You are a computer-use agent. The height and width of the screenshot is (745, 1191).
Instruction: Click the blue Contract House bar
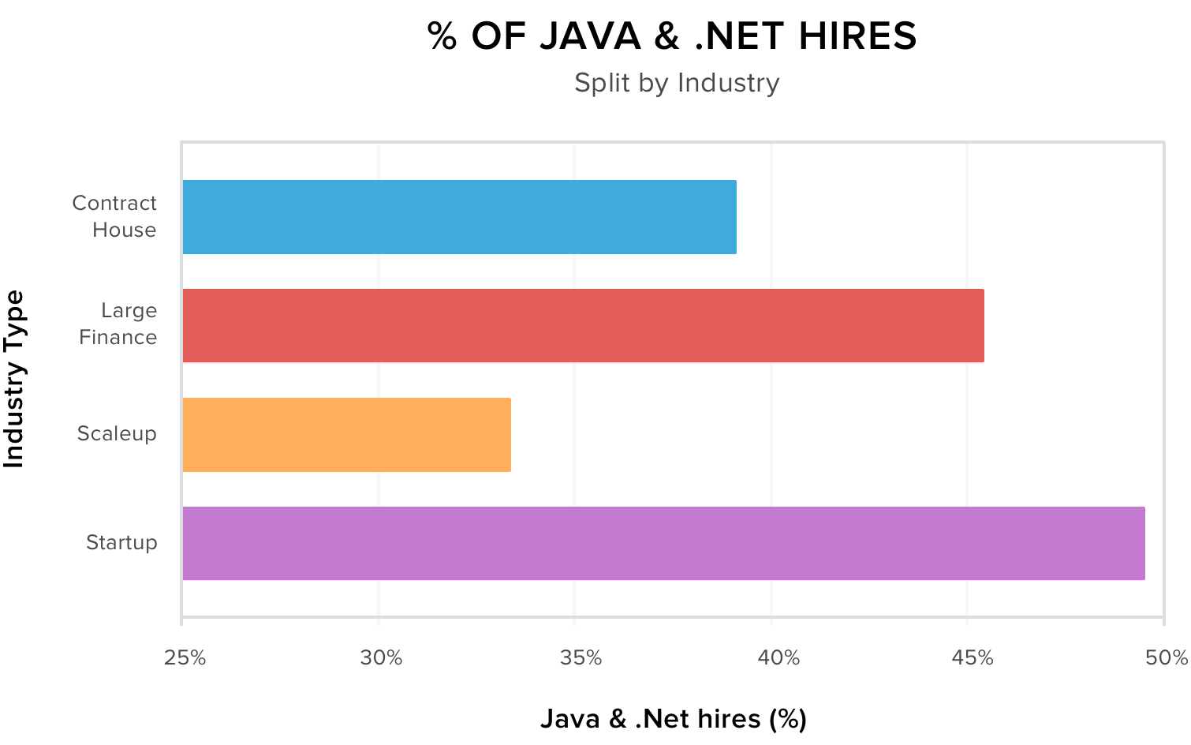click(x=459, y=217)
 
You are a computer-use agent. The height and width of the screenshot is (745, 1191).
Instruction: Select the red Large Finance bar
click(x=583, y=326)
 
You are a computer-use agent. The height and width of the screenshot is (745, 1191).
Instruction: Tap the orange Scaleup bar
click(x=346, y=435)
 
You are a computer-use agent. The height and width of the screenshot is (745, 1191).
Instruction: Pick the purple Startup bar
click(x=663, y=544)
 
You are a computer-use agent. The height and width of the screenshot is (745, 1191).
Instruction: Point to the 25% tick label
click(x=185, y=658)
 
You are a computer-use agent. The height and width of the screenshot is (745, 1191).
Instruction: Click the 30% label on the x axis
click(x=382, y=658)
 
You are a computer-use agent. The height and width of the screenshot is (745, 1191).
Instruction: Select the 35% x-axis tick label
click(x=581, y=658)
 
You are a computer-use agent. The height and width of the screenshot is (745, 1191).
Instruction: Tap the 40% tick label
click(x=778, y=658)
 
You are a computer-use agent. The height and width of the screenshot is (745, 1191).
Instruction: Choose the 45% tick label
click(x=973, y=658)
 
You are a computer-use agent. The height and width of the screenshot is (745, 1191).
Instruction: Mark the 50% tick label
click(x=1167, y=658)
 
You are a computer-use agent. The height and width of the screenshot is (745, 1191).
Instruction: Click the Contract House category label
click(x=115, y=216)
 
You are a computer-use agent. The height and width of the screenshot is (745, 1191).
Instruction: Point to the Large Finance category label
click(x=118, y=324)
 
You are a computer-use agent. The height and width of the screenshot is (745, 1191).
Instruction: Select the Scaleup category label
click(x=117, y=434)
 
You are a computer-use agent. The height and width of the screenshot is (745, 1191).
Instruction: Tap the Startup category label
click(x=121, y=543)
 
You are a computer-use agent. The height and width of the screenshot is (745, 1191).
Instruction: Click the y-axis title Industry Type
click(x=14, y=379)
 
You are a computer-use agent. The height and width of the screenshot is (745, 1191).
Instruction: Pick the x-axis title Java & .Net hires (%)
click(x=674, y=719)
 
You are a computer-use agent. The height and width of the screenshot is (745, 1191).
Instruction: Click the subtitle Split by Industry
click(x=677, y=83)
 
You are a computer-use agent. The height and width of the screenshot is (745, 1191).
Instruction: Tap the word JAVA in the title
click(x=590, y=36)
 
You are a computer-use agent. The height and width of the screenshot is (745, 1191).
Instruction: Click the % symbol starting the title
click(x=442, y=36)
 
